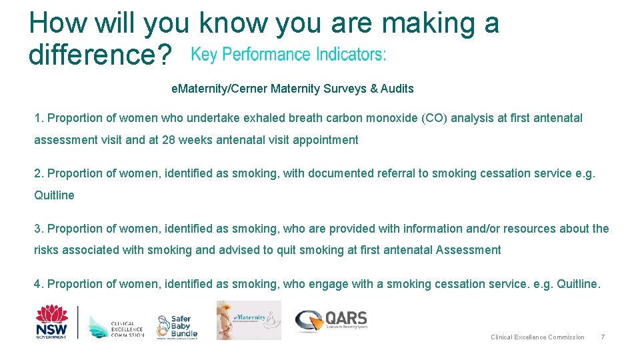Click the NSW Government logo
[51, 321]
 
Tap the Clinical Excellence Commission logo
[116, 325]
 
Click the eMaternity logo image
[249, 320]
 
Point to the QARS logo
[331, 320]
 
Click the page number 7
[603, 337]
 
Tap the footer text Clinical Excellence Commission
[537, 337]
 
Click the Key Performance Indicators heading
[288, 55]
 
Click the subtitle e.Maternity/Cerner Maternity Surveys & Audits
[292, 89]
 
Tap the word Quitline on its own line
[54, 195]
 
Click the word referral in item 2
[396, 173]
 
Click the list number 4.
[38, 284]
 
